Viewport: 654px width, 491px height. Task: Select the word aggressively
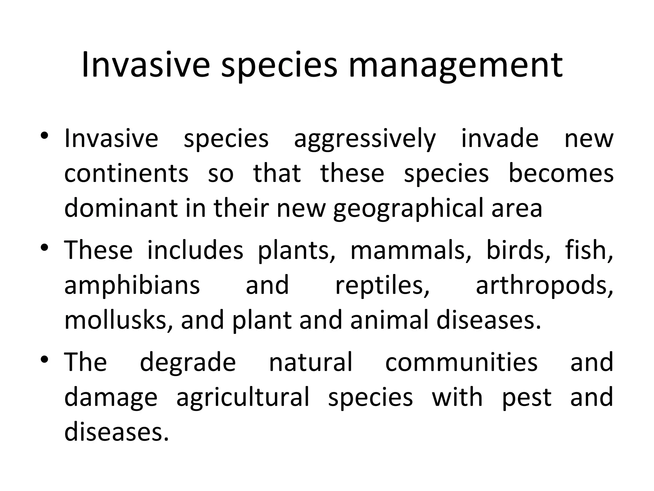(365, 139)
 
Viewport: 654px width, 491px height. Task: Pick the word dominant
(121, 208)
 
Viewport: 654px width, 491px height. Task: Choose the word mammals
(411, 250)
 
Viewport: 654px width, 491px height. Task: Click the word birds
(518, 250)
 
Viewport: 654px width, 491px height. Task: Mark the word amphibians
(132, 285)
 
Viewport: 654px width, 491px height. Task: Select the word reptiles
(382, 285)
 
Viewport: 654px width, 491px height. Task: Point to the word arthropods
(544, 285)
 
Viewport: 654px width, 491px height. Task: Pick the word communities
(461, 362)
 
